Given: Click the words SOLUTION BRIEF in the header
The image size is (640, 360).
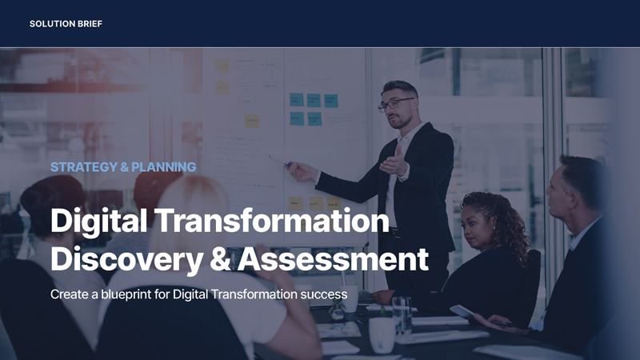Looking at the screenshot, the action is [66, 24].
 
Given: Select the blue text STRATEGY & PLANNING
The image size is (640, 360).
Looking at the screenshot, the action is [123, 167].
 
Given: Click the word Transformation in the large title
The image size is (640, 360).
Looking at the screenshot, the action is [272, 221].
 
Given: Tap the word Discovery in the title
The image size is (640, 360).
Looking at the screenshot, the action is [126, 259].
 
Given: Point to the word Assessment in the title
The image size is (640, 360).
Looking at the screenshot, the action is [333, 259].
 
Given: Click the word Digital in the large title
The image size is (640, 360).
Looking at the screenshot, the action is [98, 221].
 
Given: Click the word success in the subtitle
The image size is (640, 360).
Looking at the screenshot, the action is [324, 294].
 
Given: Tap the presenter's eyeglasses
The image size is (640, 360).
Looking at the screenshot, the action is [394, 105].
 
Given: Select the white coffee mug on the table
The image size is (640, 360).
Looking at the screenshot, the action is [382, 334].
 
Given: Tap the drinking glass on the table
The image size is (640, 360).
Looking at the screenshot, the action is [402, 314].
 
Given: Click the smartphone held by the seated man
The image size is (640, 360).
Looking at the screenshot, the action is [462, 312].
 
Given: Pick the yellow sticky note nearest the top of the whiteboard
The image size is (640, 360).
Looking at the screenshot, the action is [222, 66].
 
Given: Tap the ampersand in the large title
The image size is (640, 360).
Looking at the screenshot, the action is [221, 260].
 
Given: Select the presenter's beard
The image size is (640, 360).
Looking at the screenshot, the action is [402, 122].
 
